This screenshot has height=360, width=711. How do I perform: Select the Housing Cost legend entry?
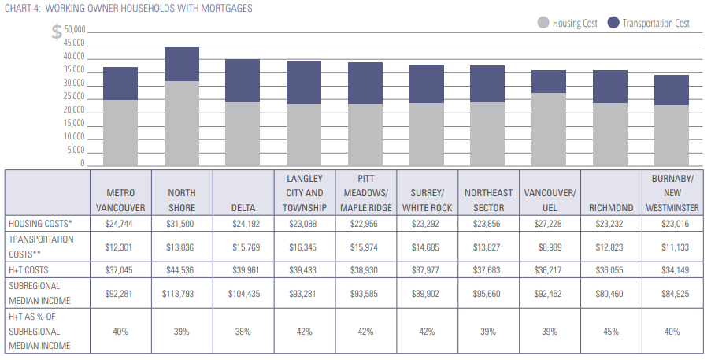pyautogui.click(x=567, y=23)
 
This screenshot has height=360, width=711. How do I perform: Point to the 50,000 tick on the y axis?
pyautogui.click(x=73, y=30)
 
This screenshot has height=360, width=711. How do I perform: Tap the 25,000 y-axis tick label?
pyautogui.click(x=73, y=97)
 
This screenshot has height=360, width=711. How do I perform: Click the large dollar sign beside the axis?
pyautogui.click(x=57, y=33)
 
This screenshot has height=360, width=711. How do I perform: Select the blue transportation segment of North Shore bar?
pyautogui.click(x=182, y=64)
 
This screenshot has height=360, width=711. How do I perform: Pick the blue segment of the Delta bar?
pyautogui.click(x=243, y=80)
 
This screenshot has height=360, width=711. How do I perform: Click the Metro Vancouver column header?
pyautogui.click(x=120, y=200)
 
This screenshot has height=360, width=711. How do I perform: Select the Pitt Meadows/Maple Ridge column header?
pyautogui.click(x=366, y=193)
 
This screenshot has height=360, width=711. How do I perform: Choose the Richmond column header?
pyautogui.click(x=611, y=208)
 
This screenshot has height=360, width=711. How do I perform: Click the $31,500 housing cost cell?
pyautogui.click(x=182, y=224)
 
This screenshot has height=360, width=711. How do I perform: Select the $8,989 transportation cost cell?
pyautogui.click(x=550, y=247)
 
